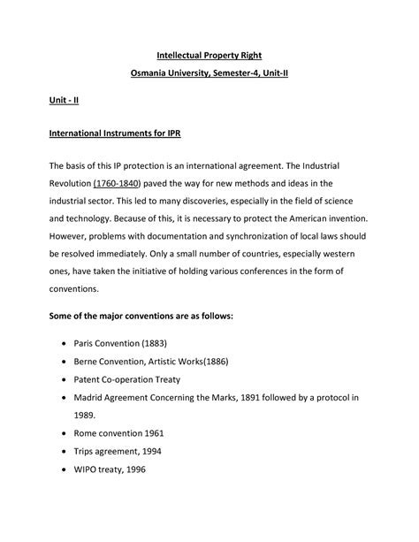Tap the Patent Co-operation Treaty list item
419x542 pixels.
133,379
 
